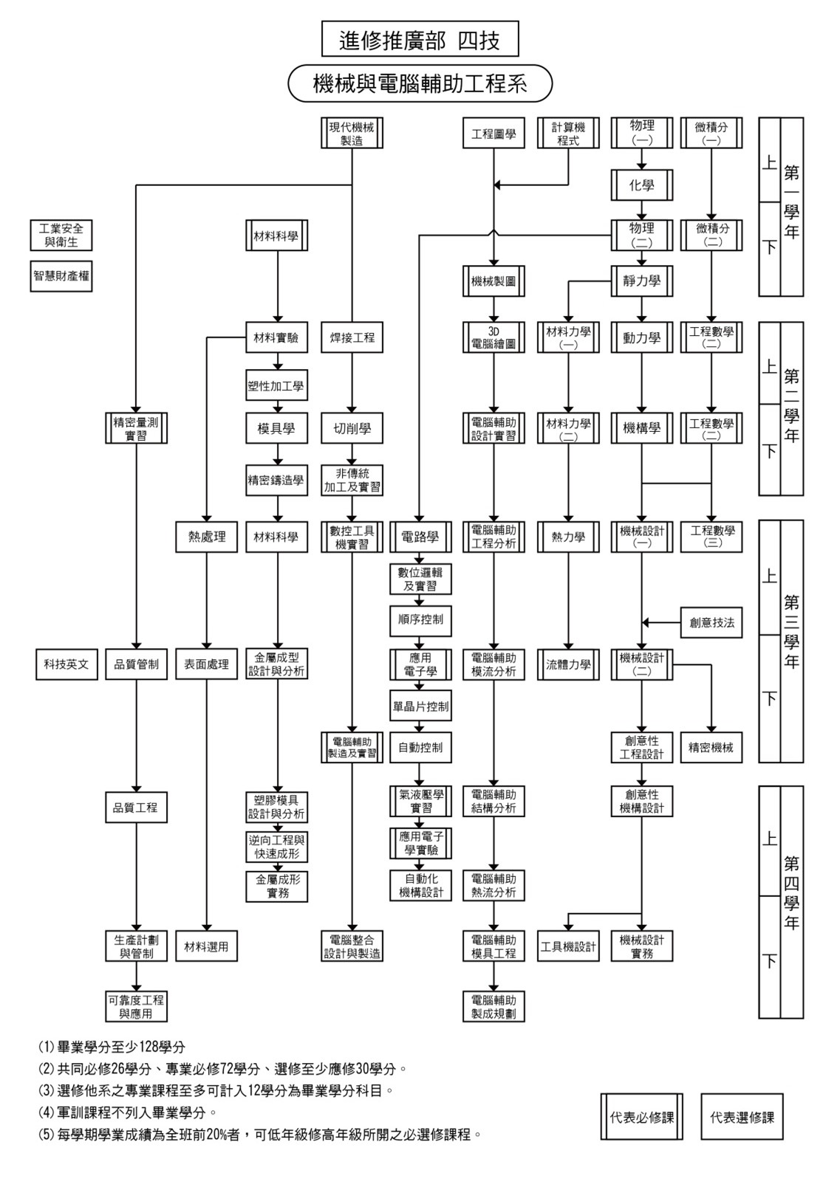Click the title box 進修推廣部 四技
coord(420,39)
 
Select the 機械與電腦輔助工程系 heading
coord(420,83)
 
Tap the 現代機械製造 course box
coord(352,134)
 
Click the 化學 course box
coord(641,185)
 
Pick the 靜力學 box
coord(641,281)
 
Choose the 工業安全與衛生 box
coord(61,235)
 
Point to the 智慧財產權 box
coord(61,277)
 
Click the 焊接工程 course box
coord(352,337)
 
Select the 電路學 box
coord(420,537)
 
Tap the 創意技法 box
coord(711,622)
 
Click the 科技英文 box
coord(66,664)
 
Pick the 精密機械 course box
coord(711,747)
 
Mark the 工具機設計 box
coord(568,946)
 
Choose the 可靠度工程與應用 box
coord(136,1006)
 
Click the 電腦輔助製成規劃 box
coord(494,1006)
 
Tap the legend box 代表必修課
coord(641,1117)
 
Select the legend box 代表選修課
coord(742,1117)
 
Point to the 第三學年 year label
coord(791,632)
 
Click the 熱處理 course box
coord(207,537)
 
